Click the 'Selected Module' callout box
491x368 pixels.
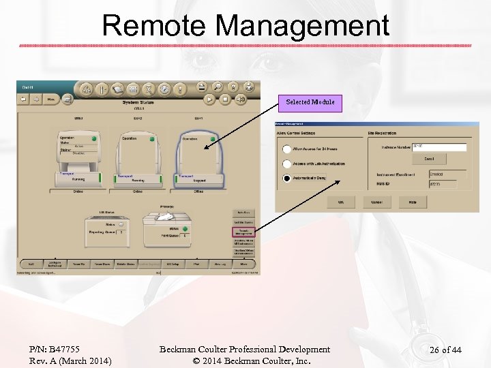(310, 102)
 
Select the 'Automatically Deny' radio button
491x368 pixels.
(287, 179)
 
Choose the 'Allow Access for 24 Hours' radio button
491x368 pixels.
(287, 149)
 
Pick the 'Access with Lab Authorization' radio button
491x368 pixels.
(287, 164)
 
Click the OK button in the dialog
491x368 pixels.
(340, 202)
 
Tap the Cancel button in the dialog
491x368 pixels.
(376, 202)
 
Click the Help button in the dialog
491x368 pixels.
(413, 202)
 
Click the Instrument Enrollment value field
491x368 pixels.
(447, 174)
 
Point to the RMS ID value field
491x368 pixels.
(447, 184)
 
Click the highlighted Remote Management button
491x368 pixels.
(243, 232)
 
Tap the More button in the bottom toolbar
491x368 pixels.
(243, 264)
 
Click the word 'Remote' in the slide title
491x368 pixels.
(155, 26)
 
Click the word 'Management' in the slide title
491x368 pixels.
(302, 26)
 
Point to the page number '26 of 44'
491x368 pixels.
(445, 350)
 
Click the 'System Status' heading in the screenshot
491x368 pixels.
(138, 102)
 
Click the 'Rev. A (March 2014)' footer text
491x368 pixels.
(70, 361)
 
